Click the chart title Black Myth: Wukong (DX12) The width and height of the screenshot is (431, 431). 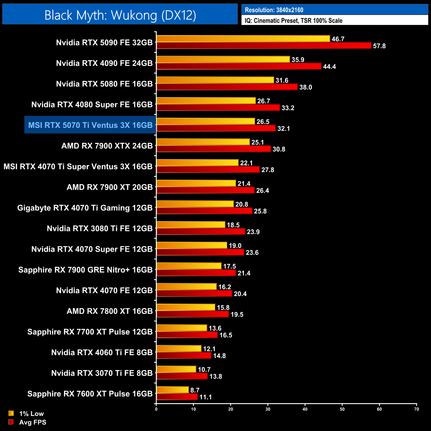[x=120, y=15]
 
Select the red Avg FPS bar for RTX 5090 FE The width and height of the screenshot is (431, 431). [x=264, y=46]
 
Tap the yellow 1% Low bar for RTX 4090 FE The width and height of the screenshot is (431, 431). [x=223, y=59]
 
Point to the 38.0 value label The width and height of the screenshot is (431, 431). [x=305, y=87]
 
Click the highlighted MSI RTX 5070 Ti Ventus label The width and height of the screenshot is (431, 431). [x=90, y=125]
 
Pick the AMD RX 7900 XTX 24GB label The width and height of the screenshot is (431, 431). [x=107, y=146]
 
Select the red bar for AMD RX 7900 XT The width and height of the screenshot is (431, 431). [x=205, y=190]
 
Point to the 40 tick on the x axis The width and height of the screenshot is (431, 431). [x=305, y=409]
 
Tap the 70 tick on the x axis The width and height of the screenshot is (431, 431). [x=416, y=409]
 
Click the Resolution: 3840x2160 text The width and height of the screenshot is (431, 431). [x=274, y=10]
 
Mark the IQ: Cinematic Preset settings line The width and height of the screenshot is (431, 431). [x=293, y=21]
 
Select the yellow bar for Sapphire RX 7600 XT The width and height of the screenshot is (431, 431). [x=172, y=390]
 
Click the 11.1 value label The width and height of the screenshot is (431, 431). [x=206, y=397]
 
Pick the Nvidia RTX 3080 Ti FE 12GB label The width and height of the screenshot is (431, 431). [x=99, y=228]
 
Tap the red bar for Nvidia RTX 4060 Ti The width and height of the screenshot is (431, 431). [x=184, y=355]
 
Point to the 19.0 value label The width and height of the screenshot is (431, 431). [x=235, y=246]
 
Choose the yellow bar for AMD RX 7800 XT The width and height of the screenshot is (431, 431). [x=186, y=307]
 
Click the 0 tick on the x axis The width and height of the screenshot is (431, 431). [x=156, y=409]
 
